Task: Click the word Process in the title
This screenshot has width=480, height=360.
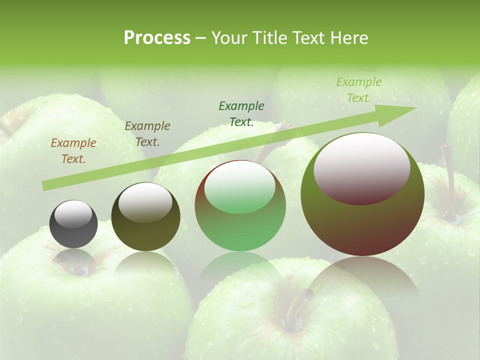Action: [x=157, y=38]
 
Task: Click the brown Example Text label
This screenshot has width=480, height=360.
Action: [x=73, y=151]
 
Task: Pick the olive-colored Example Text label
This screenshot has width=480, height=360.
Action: [x=147, y=134]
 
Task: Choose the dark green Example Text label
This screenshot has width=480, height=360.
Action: [x=241, y=114]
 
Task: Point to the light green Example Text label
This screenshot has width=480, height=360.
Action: [x=359, y=90]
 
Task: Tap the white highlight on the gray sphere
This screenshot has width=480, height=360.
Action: [x=73, y=214]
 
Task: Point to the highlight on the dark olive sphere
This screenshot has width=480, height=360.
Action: [x=145, y=201]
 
